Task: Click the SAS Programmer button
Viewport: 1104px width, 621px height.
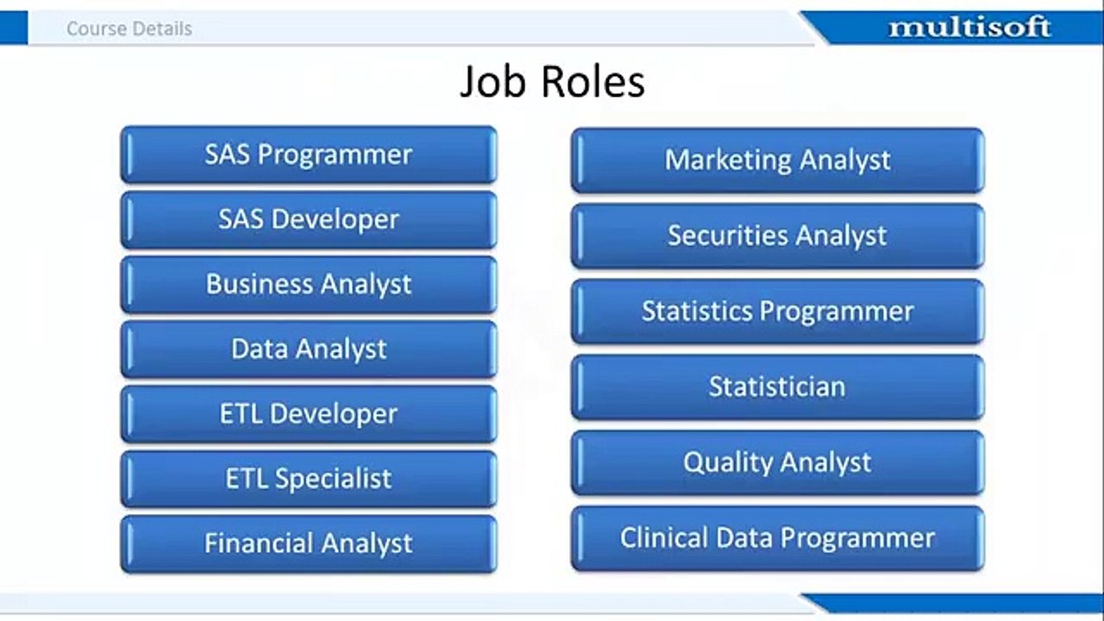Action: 309,154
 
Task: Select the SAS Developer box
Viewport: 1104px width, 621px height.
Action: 309,220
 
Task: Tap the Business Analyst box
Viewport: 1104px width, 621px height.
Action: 309,285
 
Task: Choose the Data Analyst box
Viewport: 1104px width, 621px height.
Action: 309,349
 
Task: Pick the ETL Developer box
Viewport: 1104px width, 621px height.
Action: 309,414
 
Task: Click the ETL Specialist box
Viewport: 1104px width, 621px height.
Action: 309,479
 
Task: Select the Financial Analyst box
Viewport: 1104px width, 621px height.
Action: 309,544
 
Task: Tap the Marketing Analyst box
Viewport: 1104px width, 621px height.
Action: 778,160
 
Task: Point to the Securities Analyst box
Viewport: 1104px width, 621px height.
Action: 778,236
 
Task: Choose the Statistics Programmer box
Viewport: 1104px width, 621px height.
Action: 778,311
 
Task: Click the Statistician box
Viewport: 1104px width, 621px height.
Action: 778,387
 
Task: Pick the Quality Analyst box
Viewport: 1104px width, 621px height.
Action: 778,463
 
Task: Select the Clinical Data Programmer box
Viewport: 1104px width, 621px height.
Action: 778,539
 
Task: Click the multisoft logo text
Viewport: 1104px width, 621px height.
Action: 969,27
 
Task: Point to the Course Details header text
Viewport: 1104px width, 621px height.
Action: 129,28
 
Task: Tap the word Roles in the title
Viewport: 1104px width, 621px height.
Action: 593,82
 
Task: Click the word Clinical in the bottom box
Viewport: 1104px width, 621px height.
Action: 664,537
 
